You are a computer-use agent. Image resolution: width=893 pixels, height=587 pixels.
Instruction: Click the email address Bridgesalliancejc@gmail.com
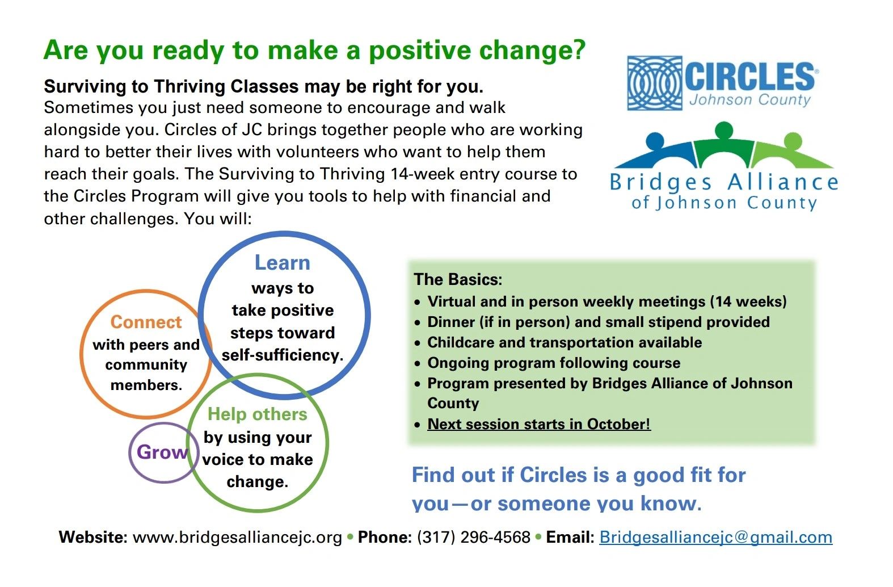715,537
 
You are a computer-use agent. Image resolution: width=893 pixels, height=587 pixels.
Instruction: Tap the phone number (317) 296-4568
473,537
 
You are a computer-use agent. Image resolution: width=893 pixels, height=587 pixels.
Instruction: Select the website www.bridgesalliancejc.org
237,537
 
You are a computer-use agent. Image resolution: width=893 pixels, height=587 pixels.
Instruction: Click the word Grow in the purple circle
162,452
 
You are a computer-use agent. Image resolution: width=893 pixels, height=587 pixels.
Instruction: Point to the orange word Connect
146,322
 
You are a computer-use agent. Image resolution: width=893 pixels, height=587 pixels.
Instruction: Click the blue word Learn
282,262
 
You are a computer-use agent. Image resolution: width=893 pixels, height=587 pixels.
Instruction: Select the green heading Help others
257,414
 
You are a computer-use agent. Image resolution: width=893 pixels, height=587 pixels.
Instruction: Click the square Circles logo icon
654,83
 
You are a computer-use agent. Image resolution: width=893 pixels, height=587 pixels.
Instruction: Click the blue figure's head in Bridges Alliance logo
655,140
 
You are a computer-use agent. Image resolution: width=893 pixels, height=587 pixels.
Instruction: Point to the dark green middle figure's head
723,129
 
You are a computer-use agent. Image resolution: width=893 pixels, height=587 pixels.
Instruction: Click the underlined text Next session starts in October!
538,424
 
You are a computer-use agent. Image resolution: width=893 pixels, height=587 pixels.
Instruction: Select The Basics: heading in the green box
458,279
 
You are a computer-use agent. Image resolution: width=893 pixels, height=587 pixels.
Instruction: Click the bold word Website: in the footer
93,537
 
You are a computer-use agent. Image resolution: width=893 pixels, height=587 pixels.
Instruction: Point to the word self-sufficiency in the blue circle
282,355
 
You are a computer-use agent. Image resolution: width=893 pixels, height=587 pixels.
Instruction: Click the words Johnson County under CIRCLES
750,100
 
